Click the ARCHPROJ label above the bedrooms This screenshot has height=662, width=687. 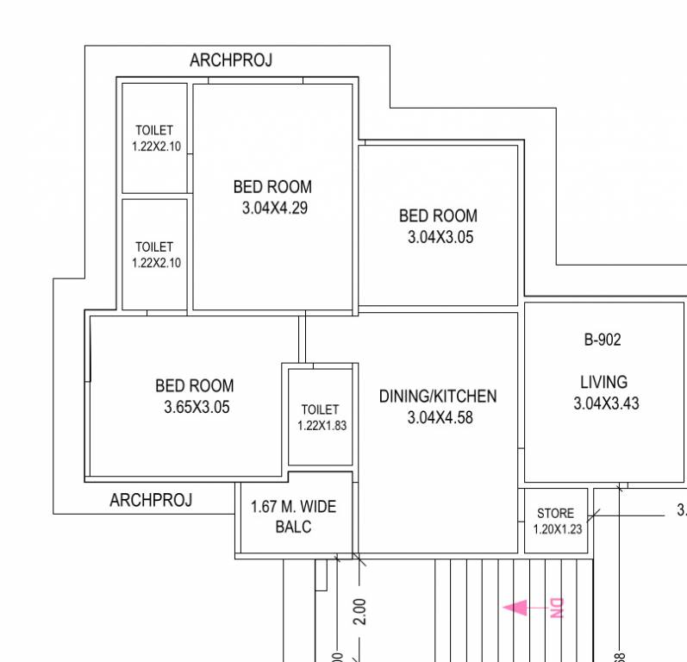[x=230, y=60]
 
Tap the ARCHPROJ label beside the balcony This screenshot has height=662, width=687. [x=151, y=500]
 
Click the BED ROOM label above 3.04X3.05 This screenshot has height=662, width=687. [x=438, y=216]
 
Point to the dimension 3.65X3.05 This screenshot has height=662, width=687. [x=197, y=408]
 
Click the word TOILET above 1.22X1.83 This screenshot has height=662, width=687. [x=320, y=409]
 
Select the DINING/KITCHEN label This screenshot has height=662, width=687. [x=438, y=397]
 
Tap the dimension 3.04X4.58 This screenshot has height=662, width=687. [x=440, y=418]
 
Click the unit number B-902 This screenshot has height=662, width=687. [x=602, y=340]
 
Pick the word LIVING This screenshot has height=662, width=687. [x=603, y=382]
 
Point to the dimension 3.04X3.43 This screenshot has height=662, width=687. [x=606, y=403]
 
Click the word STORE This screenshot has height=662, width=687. [x=555, y=513]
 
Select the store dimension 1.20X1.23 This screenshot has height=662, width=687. [x=558, y=529]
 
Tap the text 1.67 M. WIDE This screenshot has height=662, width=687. [x=293, y=507]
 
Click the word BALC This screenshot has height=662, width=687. [x=293, y=527]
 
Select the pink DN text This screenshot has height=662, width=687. [x=556, y=609]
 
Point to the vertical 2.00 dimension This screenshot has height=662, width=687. [x=360, y=612]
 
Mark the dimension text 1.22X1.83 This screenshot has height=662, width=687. [x=322, y=425]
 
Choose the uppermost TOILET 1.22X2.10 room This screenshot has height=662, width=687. [x=155, y=138]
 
